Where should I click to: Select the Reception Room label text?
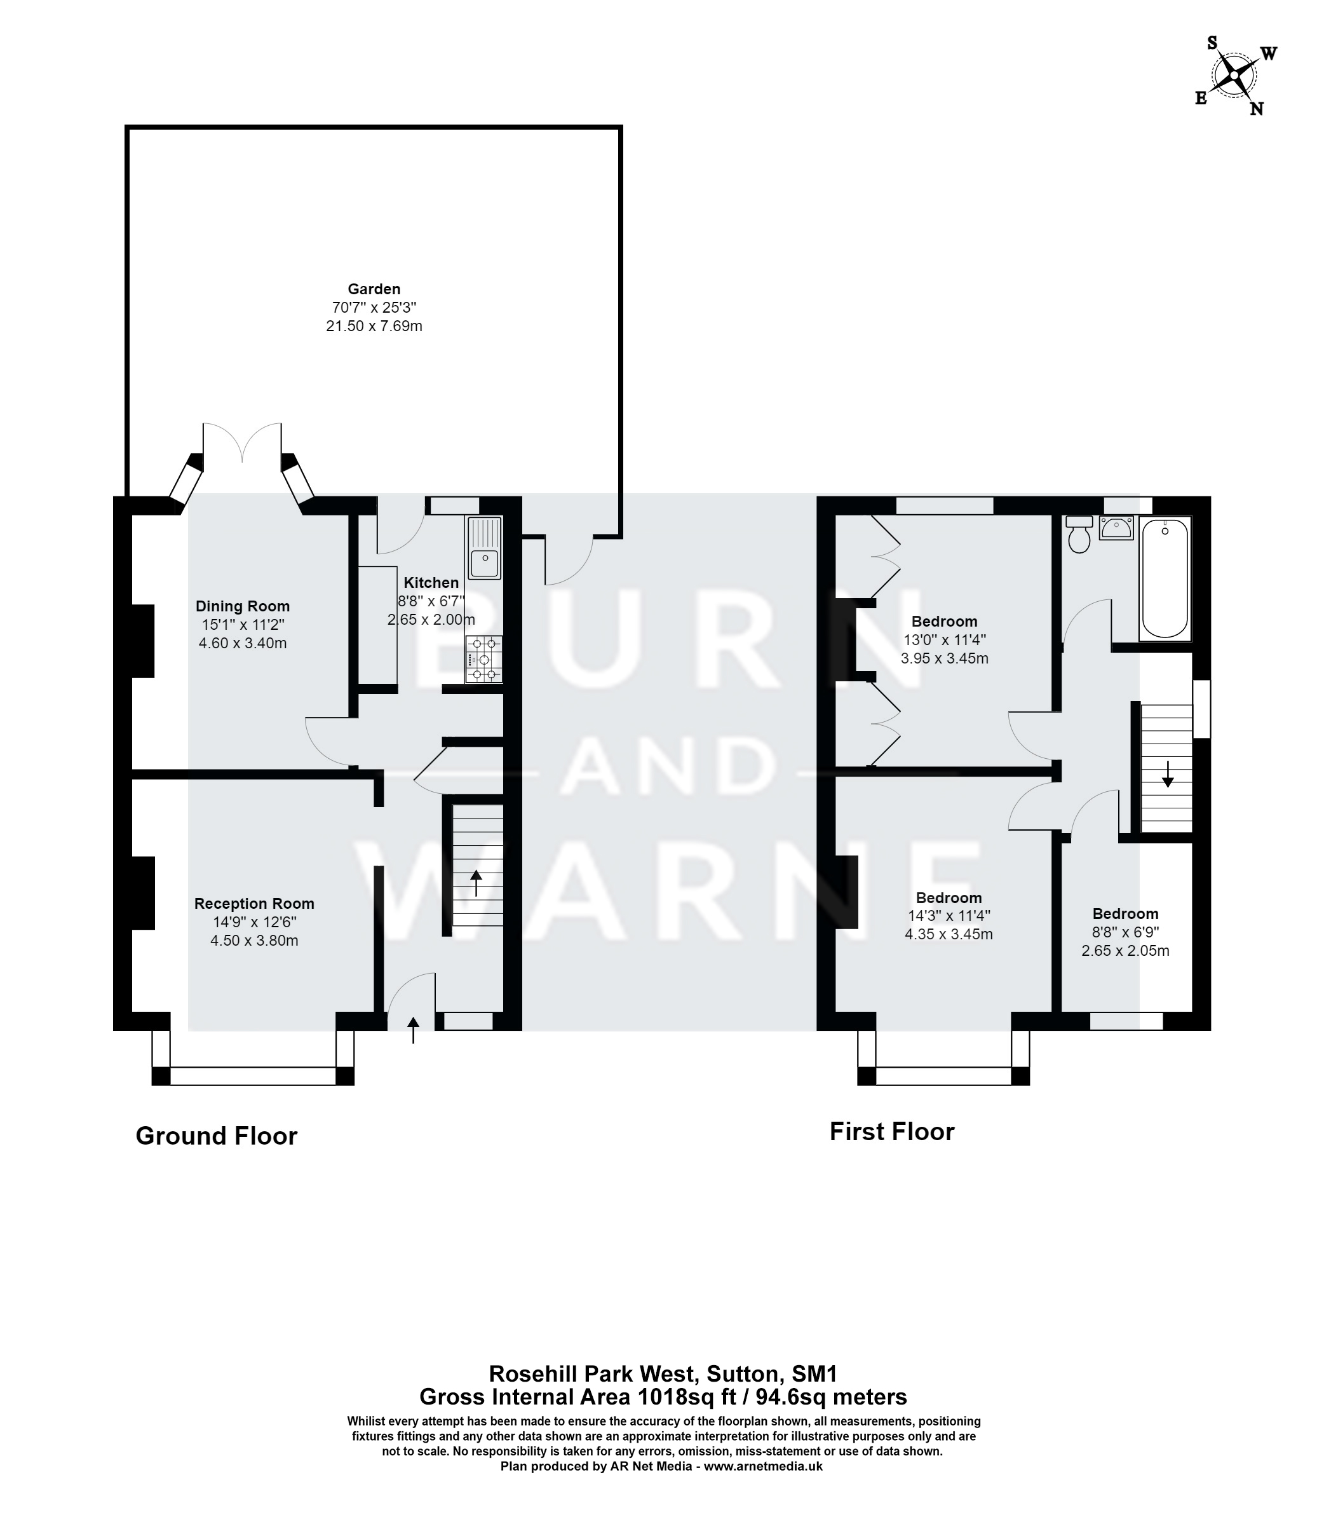(x=254, y=903)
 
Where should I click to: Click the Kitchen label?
(x=431, y=582)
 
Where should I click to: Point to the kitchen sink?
(x=485, y=549)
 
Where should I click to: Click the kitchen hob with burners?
(x=484, y=658)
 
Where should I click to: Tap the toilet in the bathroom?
(x=1079, y=534)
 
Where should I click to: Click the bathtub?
(x=1165, y=578)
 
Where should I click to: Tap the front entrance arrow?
(x=413, y=1030)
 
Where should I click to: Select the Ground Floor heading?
(x=217, y=1136)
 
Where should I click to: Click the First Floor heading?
(x=892, y=1131)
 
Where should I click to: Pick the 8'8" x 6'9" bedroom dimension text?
(x=1125, y=933)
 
